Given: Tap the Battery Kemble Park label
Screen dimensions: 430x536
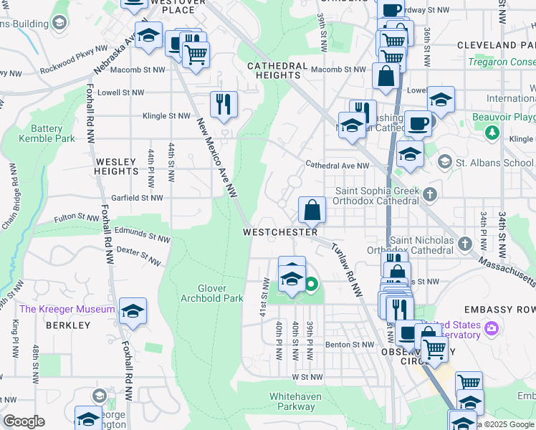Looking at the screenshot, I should (47, 133).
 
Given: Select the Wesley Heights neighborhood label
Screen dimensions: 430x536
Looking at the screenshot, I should (116, 167).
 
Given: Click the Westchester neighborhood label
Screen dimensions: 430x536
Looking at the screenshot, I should (280, 232).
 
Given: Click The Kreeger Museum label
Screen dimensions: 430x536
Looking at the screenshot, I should (67, 309).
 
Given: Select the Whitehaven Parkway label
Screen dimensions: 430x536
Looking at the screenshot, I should (292, 401).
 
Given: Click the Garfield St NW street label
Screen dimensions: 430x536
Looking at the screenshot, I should (138, 198).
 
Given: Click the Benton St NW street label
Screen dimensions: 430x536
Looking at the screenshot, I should (350, 345).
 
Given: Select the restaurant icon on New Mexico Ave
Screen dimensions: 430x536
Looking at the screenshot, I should (224, 105).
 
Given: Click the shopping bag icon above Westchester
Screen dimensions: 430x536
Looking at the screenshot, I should (312, 211).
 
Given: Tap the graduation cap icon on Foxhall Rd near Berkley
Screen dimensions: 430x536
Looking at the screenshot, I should (133, 312).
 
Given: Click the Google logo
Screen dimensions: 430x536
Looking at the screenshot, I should (24, 421).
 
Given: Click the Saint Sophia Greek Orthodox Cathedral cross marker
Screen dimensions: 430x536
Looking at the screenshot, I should (430, 194).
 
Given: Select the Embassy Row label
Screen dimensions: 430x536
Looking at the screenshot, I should (506, 309).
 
